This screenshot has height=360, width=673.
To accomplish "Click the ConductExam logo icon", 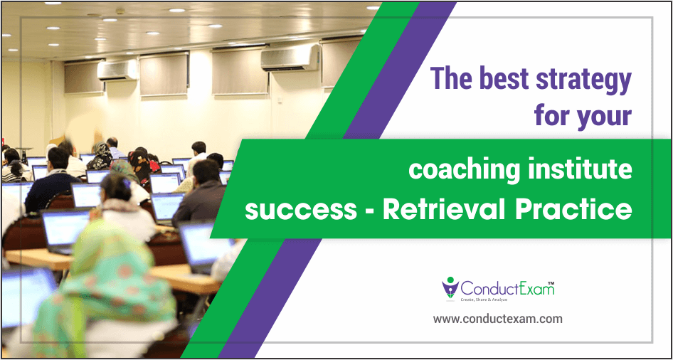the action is click(x=450, y=287).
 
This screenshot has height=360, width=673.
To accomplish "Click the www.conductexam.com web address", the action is click(x=497, y=319).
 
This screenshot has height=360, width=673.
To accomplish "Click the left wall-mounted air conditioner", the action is click(x=117, y=70).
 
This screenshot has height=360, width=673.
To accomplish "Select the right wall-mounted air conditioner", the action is click(x=290, y=58).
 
